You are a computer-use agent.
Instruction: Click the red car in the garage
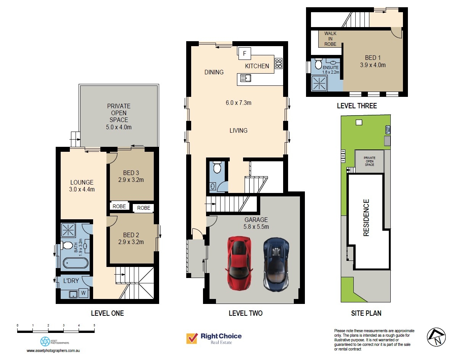tap(239, 263)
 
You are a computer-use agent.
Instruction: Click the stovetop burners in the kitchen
tap(279, 63)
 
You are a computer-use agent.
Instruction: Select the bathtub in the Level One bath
tap(75, 263)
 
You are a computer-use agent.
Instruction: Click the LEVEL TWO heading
tap(245, 313)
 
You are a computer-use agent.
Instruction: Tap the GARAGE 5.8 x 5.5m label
tap(256, 223)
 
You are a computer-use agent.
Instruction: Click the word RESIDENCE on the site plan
tap(366, 217)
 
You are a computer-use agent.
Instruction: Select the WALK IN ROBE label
tap(330, 39)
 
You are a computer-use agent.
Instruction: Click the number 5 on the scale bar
tap(94, 325)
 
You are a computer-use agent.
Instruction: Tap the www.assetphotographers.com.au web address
tap(55, 350)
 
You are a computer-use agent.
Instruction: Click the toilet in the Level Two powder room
tap(217, 167)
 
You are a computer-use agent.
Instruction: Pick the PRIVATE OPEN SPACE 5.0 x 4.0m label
tap(119, 116)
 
